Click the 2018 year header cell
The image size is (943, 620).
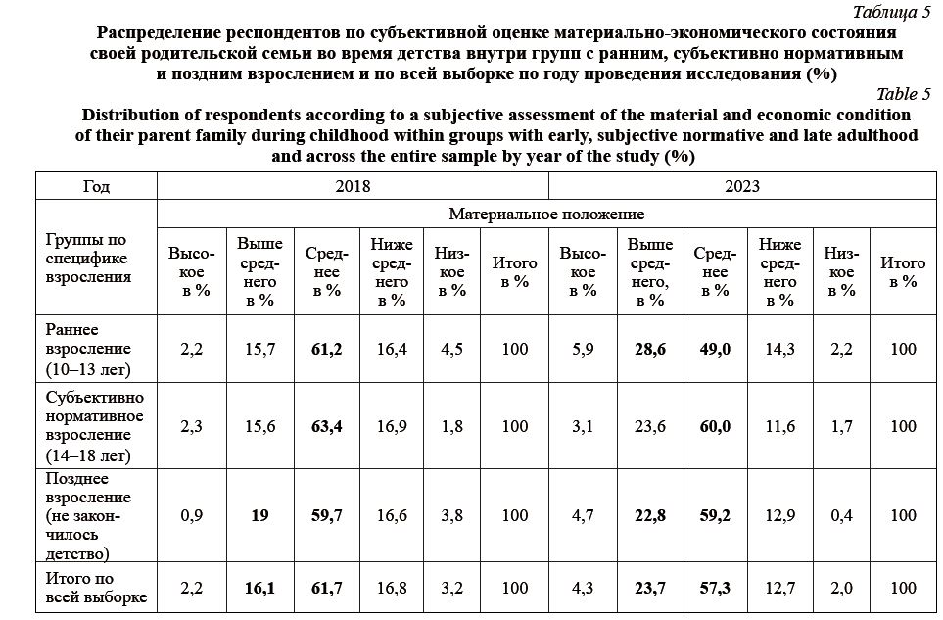pyautogui.click(x=353, y=185)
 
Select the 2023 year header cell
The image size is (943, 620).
pyautogui.click(x=741, y=185)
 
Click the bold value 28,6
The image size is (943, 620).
pyautogui.click(x=650, y=349)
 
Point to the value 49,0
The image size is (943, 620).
pyautogui.click(x=714, y=349)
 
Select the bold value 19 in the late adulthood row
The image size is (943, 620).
pyautogui.click(x=259, y=515)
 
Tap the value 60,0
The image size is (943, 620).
pyautogui.click(x=714, y=426)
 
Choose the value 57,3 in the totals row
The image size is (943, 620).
pyautogui.click(x=714, y=588)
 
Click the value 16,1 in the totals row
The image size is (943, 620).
pyautogui.click(x=259, y=588)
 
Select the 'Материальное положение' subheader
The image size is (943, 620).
pyautogui.click(x=546, y=213)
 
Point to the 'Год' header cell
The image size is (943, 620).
pyautogui.click(x=96, y=185)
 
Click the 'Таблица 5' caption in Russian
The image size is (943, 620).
pyautogui.click(x=892, y=12)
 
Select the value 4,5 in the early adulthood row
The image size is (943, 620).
pyautogui.click(x=450, y=349)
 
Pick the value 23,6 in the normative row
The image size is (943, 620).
pyautogui.click(x=650, y=426)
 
